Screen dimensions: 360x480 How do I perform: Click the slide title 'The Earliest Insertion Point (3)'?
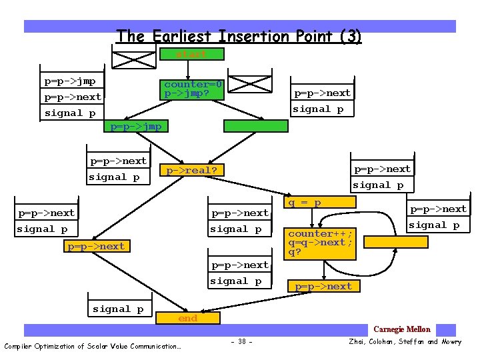(x=239, y=36)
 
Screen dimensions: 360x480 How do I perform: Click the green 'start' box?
(x=191, y=54)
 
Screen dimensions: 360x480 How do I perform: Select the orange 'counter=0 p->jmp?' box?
(x=193, y=89)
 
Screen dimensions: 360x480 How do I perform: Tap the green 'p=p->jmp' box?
(x=135, y=126)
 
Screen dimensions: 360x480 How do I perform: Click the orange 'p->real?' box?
(x=192, y=171)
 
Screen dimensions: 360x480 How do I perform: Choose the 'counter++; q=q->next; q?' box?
(x=321, y=243)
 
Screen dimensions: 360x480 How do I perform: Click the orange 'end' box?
(x=187, y=319)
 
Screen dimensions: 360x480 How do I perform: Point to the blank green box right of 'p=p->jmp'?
(x=255, y=125)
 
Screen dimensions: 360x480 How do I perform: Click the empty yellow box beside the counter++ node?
(x=395, y=241)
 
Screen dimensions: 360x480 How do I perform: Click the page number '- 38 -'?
(x=240, y=342)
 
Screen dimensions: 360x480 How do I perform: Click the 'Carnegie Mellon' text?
(x=402, y=329)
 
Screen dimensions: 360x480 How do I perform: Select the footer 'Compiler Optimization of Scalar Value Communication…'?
(x=92, y=346)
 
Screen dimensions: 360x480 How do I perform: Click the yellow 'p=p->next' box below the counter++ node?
(x=323, y=286)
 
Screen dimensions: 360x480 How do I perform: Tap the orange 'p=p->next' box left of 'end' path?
(x=96, y=246)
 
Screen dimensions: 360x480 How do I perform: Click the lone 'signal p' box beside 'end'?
(x=118, y=309)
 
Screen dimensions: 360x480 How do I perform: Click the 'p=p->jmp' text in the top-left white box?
(x=70, y=81)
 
